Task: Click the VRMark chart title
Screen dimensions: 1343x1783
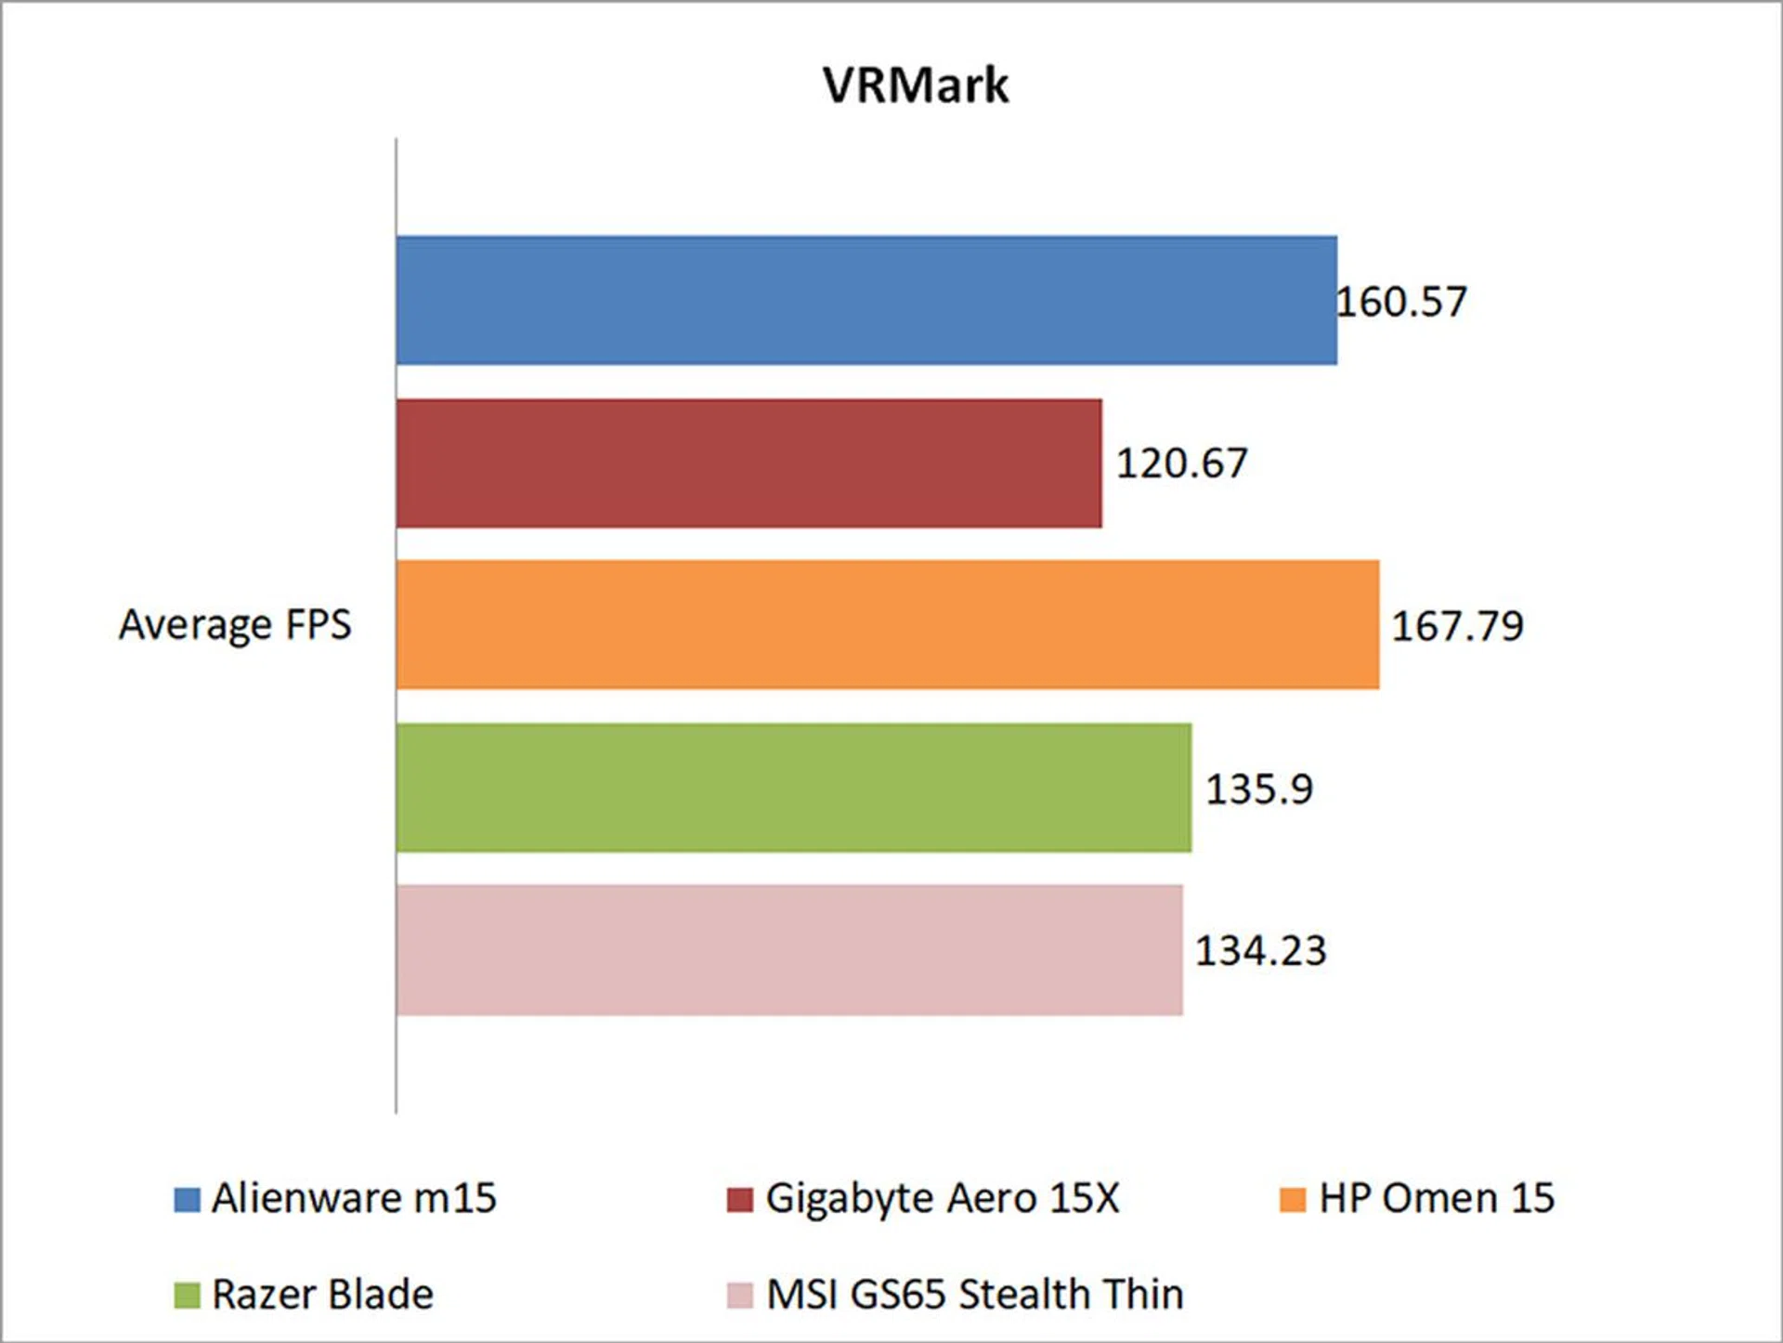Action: [915, 85]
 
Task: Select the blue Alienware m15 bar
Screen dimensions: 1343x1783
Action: [865, 300]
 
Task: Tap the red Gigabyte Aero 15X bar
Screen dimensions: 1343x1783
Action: [748, 463]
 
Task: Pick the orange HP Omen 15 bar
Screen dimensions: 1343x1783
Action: [887, 624]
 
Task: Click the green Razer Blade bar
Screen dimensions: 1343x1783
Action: [793, 788]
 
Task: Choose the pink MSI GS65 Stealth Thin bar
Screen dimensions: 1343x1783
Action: [789, 949]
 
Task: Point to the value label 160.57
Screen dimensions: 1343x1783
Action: [1401, 302]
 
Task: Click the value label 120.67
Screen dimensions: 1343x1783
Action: [1181, 463]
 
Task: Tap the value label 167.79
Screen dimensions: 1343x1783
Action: [1457, 626]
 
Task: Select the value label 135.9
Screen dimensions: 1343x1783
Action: [1259, 789]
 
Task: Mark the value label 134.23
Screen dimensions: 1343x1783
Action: [1260, 951]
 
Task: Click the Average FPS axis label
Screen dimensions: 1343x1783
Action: [235, 624]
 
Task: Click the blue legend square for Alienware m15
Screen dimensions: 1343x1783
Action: [187, 1199]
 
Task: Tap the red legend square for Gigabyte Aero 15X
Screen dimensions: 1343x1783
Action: [739, 1199]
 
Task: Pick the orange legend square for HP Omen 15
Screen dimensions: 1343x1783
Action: [1292, 1199]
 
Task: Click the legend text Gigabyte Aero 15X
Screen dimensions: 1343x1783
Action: [943, 1199]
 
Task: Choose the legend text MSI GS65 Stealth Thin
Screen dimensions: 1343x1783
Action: [975, 1295]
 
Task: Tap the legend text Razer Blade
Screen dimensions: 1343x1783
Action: [322, 1295]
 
